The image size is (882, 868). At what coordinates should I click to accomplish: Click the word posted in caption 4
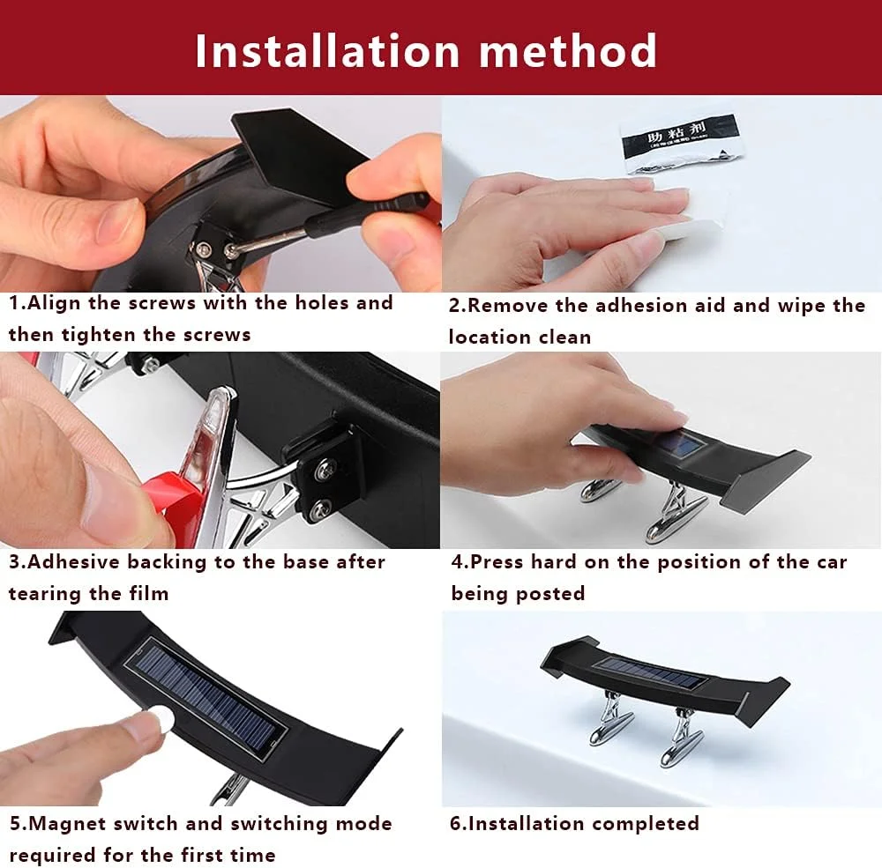coord(555,595)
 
